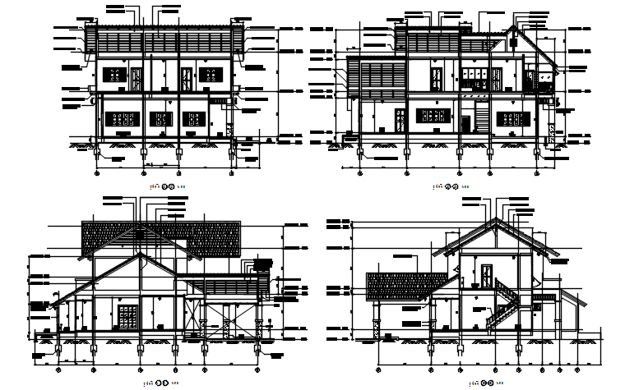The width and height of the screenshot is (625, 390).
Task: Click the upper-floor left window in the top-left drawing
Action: pos(113,76)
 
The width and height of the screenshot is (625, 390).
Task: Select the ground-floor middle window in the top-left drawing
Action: pos(159,117)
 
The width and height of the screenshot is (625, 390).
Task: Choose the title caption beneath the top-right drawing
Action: pos(451,187)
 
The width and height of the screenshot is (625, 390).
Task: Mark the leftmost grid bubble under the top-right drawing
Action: pos(359,172)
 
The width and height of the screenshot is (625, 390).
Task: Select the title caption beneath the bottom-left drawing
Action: pos(162,383)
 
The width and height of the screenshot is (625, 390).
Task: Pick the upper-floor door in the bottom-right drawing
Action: pos(487,277)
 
